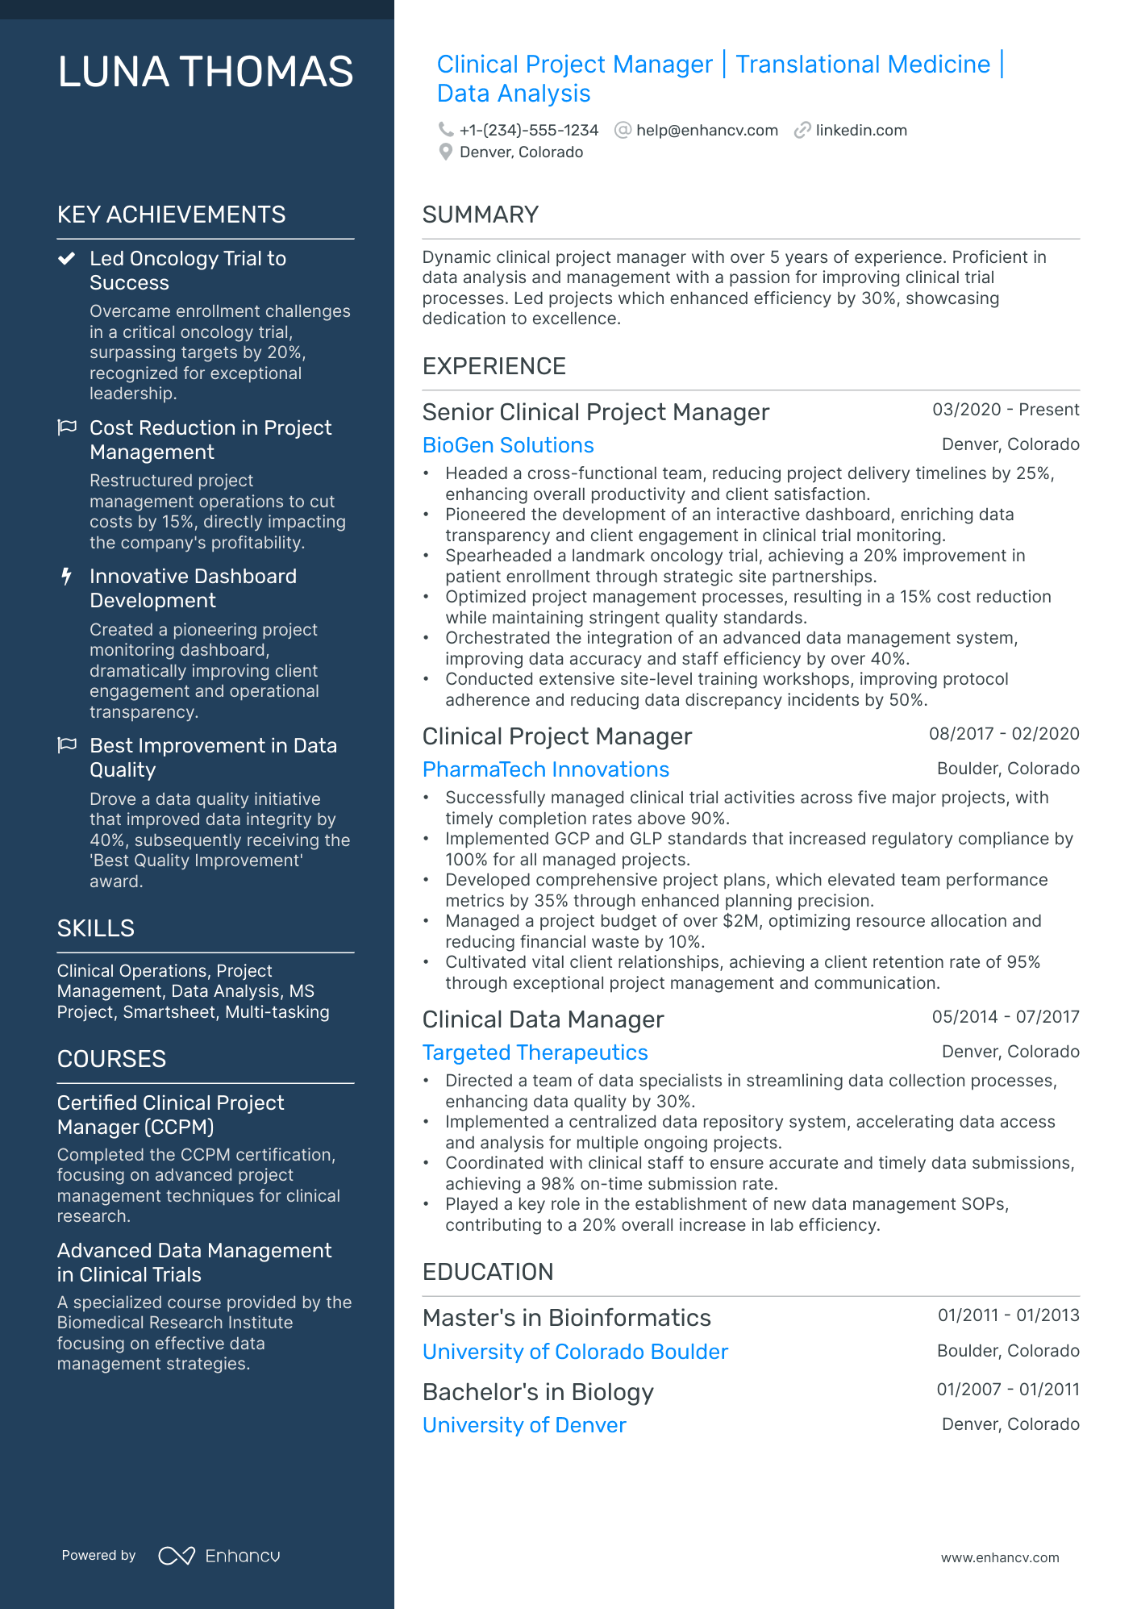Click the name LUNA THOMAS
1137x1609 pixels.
tap(206, 72)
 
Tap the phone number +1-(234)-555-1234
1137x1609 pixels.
tap(528, 131)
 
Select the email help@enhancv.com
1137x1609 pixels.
tap(706, 131)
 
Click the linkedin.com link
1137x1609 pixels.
tap(860, 131)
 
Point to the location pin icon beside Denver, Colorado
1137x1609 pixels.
tap(445, 152)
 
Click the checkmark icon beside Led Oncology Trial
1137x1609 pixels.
tap(67, 259)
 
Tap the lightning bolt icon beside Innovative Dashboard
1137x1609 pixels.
tap(67, 577)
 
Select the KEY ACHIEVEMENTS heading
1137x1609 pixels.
tap(171, 215)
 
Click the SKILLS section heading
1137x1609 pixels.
tap(95, 928)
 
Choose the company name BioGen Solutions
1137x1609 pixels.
tap(508, 445)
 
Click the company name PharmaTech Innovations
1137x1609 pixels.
tap(546, 769)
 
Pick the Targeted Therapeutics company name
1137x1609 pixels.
tap(535, 1053)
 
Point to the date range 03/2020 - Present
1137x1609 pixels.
tap(1005, 410)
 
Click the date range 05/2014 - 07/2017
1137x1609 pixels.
tap(1005, 1017)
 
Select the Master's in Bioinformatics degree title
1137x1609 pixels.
tap(566, 1318)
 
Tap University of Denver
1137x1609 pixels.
tap(524, 1425)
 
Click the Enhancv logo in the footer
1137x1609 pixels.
tap(219, 1556)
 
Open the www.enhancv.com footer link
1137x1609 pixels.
tap(999, 1557)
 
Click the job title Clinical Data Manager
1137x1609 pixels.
tap(543, 1019)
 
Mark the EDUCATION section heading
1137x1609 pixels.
tap(488, 1272)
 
